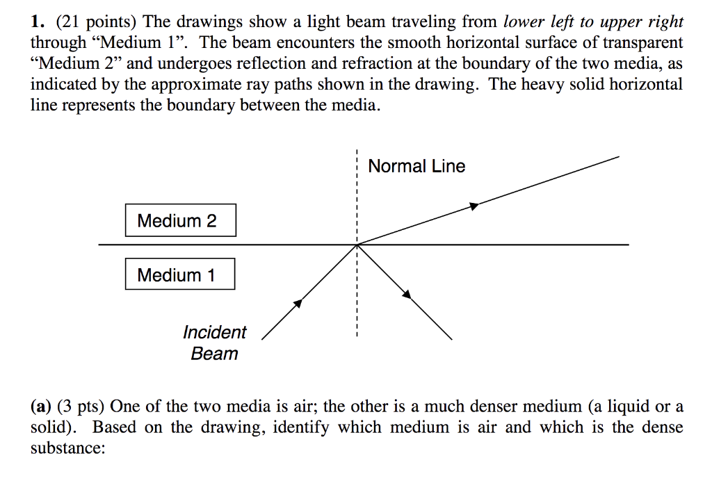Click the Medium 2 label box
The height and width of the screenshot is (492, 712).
pyautogui.click(x=180, y=220)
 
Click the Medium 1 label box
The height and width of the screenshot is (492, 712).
pyautogui.click(x=179, y=274)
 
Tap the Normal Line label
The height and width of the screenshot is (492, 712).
pyautogui.click(x=416, y=166)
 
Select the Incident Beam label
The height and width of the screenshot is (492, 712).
pyautogui.click(x=214, y=343)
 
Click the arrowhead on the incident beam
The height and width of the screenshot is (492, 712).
pyautogui.click(x=298, y=303)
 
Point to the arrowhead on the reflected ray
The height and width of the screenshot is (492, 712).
pyautogui.click(x=407, y=294)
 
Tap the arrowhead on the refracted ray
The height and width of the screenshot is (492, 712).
pyautogui.click(x=474, y=205)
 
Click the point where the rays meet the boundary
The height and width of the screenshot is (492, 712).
pyautogui.click(x=357, y=245)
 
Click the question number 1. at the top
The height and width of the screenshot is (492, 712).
pyautogui.click(x=35, y=22)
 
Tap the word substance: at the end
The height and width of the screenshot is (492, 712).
pyautogui.click(x=67, y=448)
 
